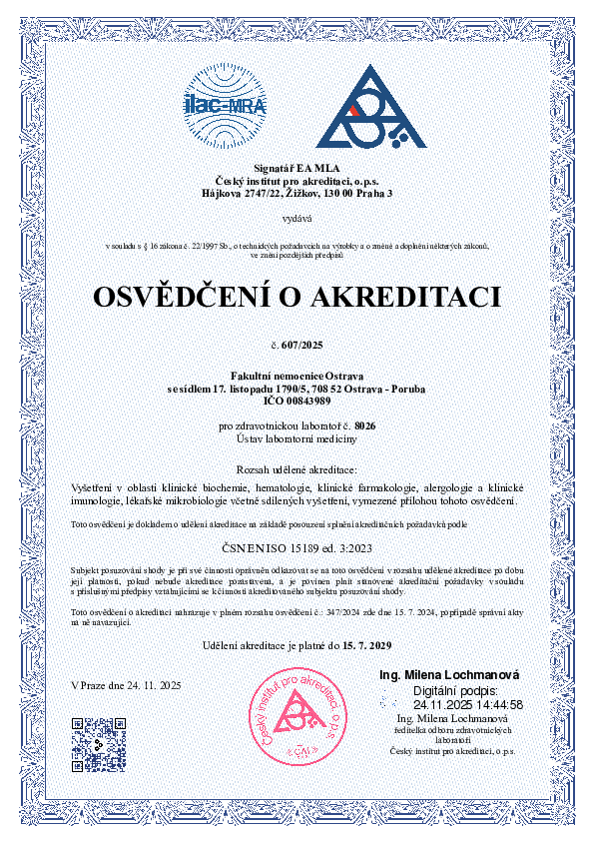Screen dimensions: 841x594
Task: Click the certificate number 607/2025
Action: tap(303, 344)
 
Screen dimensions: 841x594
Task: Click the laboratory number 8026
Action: tap(366, 426)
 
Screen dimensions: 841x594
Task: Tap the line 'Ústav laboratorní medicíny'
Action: tap(297, 439)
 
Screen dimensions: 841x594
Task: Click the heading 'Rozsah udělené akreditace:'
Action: tap(297, 468)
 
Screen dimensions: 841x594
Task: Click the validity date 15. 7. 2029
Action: tap(360, 646)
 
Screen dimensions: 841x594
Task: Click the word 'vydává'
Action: tap(297, 217)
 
